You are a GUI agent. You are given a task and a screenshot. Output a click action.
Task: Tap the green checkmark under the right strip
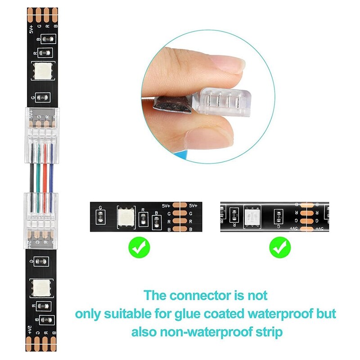click(280, 247)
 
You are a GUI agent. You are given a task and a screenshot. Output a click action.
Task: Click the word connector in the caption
click(203, 296)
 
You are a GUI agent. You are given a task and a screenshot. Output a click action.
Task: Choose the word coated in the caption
click(247, 314)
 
